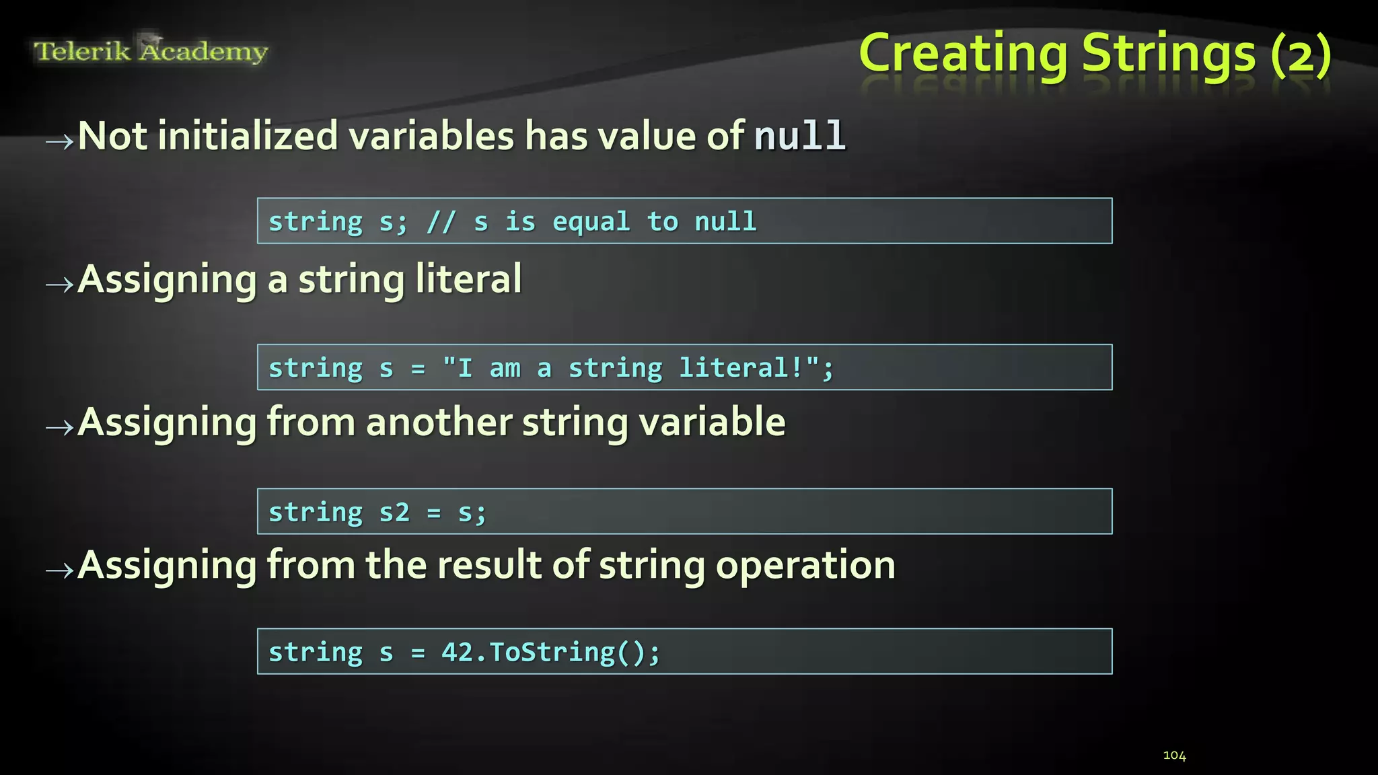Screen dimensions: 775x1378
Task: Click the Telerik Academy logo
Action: (x=151, y=51)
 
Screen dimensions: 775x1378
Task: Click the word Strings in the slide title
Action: (x=1169, y=54)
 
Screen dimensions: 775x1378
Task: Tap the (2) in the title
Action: (x=1301, y=55)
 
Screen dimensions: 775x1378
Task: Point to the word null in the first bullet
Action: (x=799, y=136)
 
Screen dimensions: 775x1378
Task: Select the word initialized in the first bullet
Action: (x=248, y=136)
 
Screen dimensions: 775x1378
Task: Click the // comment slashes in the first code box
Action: (x=441, y=222)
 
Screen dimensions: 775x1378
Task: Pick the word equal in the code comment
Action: (x=591, y=222)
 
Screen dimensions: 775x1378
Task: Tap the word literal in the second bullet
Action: (x=468, y=279)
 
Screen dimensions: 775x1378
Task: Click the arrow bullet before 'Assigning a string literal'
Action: (x=59, y=285)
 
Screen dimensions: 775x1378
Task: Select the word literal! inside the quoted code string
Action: (x=741, y=368)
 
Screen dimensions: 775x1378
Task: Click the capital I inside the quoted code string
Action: (x=465, y=368)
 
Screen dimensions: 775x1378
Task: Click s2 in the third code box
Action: (x=394, y=513)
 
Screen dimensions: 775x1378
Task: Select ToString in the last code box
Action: (x=552, y=653)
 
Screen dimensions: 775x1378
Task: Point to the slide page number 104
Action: (x=1174, y=755)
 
